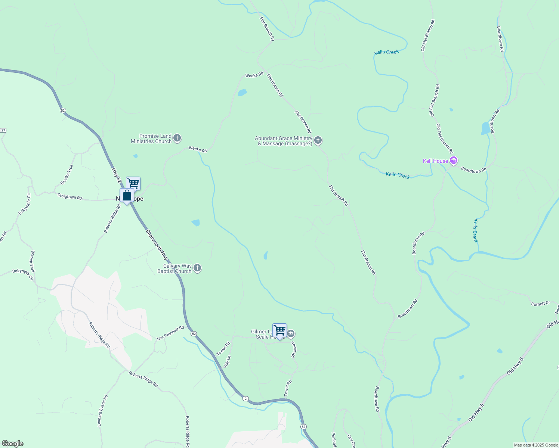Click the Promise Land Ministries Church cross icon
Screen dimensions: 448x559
point(177,139)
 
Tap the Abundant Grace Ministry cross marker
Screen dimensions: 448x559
point(318,140)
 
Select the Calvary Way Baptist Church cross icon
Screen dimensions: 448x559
point(197,268)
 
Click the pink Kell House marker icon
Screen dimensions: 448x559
point(454,161)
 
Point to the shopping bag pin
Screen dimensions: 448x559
point(127,196)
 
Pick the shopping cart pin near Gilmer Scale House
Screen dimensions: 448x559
point(279,330)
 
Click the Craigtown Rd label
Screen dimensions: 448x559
point(70,196)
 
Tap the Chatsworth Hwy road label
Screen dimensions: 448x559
point(157,245)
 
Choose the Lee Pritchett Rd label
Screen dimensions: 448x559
point(170,333)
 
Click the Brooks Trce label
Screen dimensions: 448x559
point(67,174)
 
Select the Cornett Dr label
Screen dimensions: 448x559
point(540,304)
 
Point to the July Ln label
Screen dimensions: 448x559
point(228,362)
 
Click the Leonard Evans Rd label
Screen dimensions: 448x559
point(103,411)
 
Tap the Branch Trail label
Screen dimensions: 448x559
point(33,261)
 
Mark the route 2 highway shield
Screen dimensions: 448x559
point(245,398)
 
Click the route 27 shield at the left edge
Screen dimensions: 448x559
point(3,130)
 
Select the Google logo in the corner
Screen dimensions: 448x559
point(12,444)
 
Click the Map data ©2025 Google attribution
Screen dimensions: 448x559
point(536,445)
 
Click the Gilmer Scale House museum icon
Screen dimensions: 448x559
point(291,333)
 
